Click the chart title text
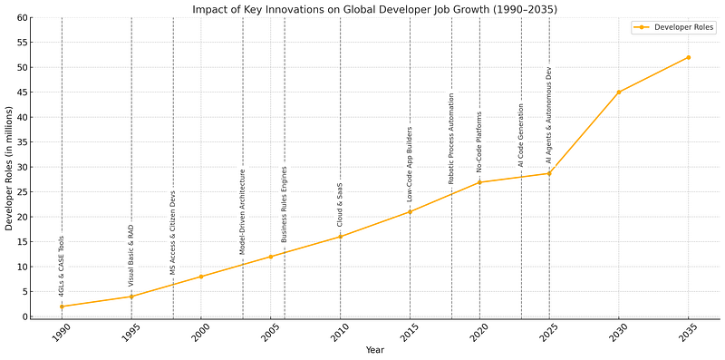pos(375,9)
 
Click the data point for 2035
pos(689,57)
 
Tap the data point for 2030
pos(619,92)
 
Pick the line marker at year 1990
pos(62,306)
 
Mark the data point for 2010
pos(341,237)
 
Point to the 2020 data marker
pos(479,182)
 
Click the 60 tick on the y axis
pos(22,18)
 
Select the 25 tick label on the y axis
pos(22,192)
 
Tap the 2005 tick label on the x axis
pos(269,333)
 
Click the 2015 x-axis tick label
pos(409,333)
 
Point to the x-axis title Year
pos(375,350)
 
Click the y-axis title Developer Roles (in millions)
pos(9,168)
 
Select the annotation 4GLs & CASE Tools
pos(62,267)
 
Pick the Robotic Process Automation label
pos(451,139)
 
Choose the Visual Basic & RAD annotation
pos(131,255)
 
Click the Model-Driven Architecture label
pos(243,211)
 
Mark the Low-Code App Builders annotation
pos(410,164)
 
